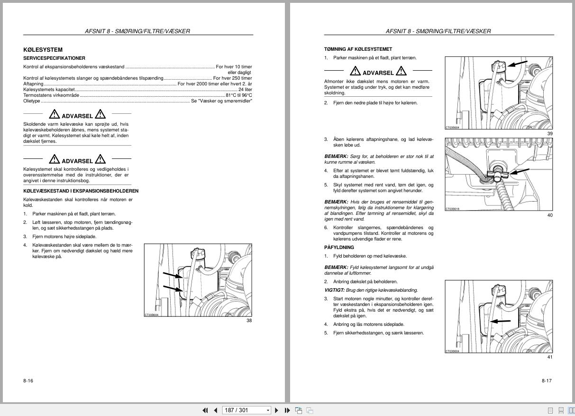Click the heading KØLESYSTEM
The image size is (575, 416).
click(43, 50)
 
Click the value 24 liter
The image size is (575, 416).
click(245, 89)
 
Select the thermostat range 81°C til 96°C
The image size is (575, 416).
click(238, 95)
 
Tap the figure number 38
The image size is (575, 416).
click(249, 321)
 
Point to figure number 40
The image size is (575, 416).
click(550, 215)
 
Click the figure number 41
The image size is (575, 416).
click(550, 357)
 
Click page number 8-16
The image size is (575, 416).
click(28, 380)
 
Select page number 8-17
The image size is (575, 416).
click(547, 380)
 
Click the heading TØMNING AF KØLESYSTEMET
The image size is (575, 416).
click(358, 49)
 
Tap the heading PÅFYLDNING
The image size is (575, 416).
click(339, 248)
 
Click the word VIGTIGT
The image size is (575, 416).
click(334, 290)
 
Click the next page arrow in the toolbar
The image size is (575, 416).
click(277, 410)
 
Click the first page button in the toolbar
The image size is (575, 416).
click(205, 410)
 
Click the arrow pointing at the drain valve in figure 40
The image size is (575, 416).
click(520, 171)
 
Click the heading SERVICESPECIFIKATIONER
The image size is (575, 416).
click(54, 58)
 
